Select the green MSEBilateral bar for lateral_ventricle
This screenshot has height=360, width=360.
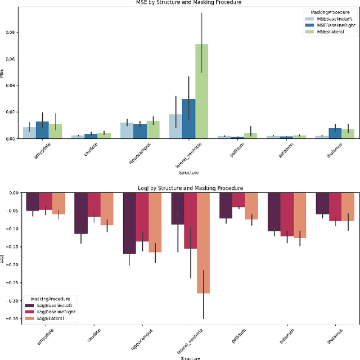201,91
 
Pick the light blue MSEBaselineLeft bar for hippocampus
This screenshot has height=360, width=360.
127,130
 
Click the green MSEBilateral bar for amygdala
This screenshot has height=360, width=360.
55,131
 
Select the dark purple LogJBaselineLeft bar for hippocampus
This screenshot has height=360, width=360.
130,223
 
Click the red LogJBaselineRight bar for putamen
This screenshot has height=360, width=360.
287,214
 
